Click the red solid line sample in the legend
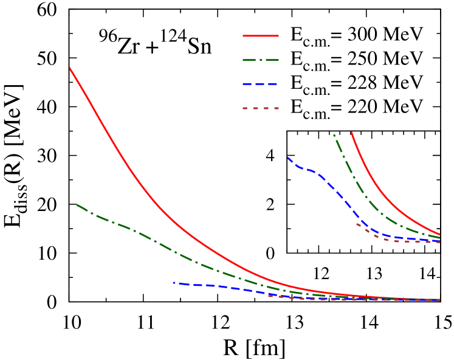click(261, 36)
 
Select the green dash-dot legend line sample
click(261, 60)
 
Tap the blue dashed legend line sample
click(260, 84)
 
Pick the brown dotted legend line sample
click(261, 108)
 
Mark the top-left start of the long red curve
click(70, 68)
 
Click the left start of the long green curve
click(77, 205)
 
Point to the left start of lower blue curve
click(174, 283)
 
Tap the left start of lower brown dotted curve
click(269, 296)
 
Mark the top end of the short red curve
click(351, 132)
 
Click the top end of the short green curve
click(334, 135)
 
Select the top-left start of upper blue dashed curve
click(288, 158)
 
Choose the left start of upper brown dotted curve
click(357, 224)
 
